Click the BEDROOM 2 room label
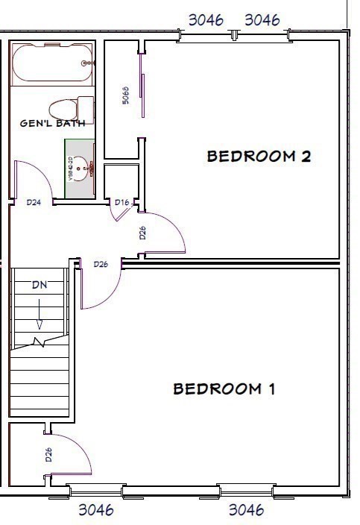click(258, 157)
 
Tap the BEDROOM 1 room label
click(224, 389)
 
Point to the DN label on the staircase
click(40, 286)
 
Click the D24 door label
click(34, 202)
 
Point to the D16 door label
click(121, 202)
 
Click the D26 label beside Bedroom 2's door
click(142, 233)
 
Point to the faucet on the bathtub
click(88, 63)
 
